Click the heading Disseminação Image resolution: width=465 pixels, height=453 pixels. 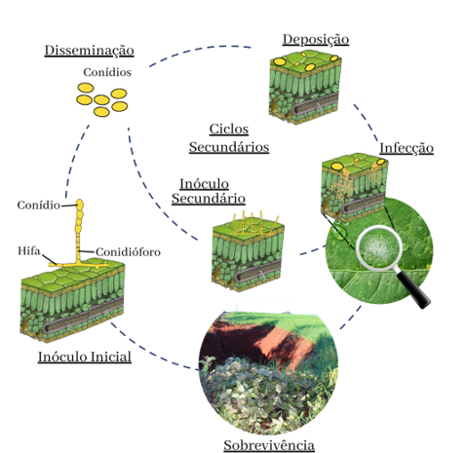click(x=90, y=51)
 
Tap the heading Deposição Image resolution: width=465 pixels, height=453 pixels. click(x=316, y=40)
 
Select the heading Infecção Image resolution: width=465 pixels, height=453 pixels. click(x=407, y=148)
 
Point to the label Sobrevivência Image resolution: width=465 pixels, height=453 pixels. click(x=269, y=445)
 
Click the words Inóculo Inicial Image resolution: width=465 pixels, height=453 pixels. click(x=85, y=357)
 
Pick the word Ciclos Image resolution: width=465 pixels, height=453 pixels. click(x=229, y=129)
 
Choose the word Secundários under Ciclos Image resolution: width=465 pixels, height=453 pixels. click(x=229, y=147)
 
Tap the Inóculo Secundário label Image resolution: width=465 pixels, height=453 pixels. click(x=209, y=191)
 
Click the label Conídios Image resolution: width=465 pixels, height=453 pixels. click(x=107, y=72)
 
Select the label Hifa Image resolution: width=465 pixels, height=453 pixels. click(x=29, y=250)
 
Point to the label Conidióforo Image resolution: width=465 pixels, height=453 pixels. click(x=128, y=252)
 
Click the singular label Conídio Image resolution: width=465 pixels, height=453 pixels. click(x=39, y=206)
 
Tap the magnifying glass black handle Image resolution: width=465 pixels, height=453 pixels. click(x=414, y=289)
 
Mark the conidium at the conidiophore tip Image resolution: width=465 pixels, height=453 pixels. click(x=80, y=205)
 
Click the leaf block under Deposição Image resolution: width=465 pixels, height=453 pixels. click(x=305, y=87)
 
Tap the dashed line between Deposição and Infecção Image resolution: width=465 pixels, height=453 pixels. click(x=368, y=122)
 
